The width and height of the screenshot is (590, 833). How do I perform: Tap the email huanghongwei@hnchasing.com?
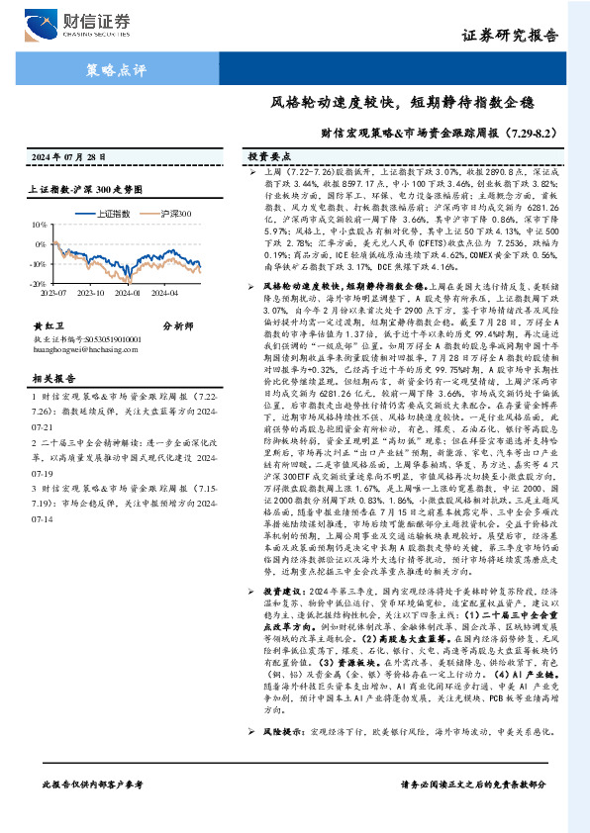coord(85,345)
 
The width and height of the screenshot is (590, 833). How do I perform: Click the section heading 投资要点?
coord(269,157)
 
